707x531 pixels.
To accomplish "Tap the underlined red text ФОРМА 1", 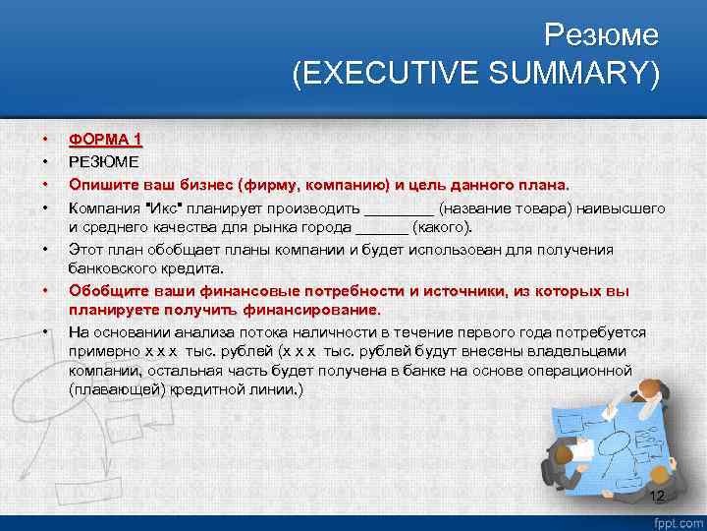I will [105, 140].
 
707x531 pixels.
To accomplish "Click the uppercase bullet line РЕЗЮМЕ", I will [104, 161].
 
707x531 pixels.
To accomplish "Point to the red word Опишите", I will [99, 184].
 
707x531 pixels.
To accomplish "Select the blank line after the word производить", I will [399, 210].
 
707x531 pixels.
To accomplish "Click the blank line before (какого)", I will [380, 229].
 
